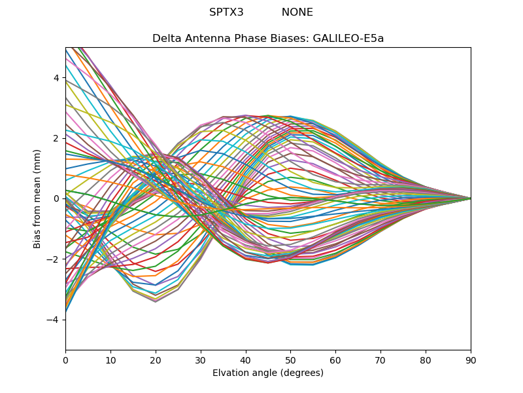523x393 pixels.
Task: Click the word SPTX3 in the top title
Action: click(x=226, y=12)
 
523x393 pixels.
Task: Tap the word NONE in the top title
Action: click(x=297, y=12)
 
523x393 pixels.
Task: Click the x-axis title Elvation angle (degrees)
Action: click(x=268, y=373)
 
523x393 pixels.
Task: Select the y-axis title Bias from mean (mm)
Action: click(x=37, y=198)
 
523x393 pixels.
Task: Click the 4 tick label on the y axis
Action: click(x=57, y=78)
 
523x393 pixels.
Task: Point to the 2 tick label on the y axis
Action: click(x=57, y=138)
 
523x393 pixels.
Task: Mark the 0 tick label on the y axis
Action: click(x=57, y=198)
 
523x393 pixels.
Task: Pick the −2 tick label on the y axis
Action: click(x=54, y=259)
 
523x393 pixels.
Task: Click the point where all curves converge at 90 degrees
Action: click(x=470, y=198)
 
